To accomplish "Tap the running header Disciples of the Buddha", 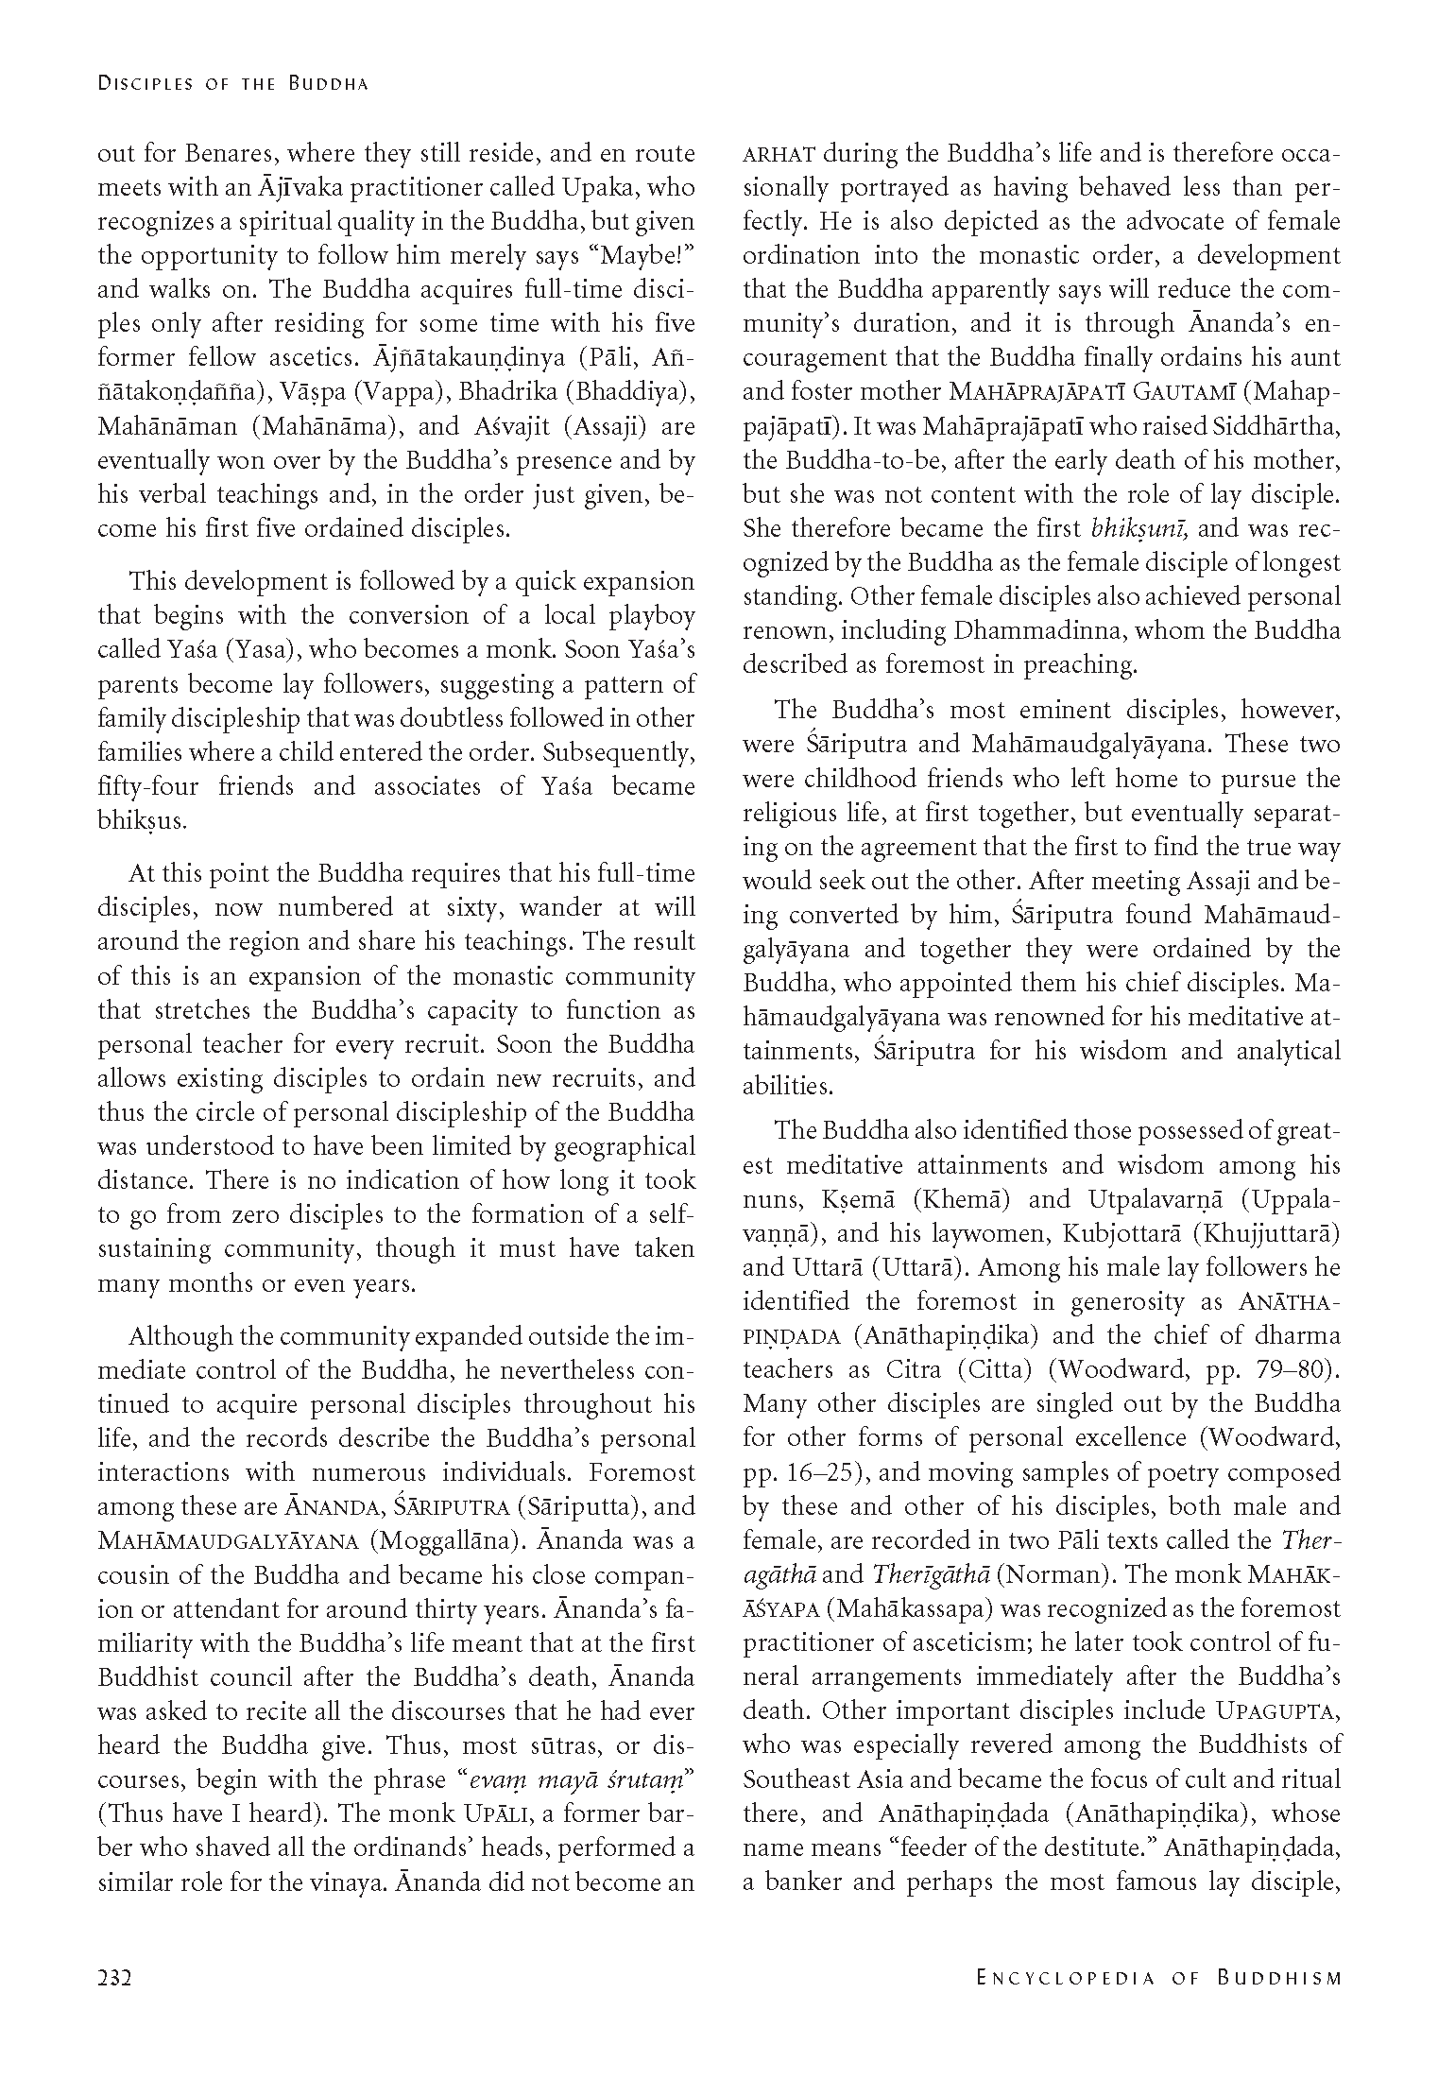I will tap(232, 84).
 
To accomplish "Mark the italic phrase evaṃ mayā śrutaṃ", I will tap(576, 1779).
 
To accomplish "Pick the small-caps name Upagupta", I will tap(1278, 1711).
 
